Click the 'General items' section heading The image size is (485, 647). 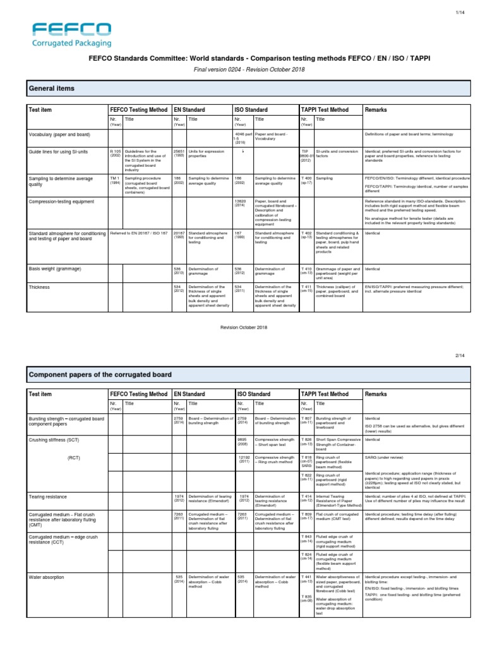coord(52,88)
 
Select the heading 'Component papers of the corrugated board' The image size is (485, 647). coord(100,375)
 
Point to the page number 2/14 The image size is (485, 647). coord(467,356)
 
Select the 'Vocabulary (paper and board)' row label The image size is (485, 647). coord(60,135)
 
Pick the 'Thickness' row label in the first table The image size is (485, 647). coord(40,286)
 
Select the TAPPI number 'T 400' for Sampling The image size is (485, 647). coord(306,178)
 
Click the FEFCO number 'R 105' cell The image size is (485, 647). coord(115,152)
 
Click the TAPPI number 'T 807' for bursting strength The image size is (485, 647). coord(306,418)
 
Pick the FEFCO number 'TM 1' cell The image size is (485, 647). coord(114,178)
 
